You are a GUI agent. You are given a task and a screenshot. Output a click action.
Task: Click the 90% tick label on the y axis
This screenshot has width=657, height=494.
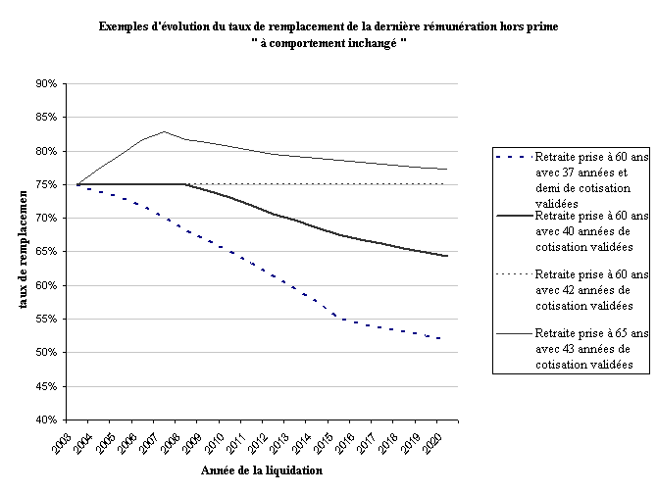[x=47, y=84]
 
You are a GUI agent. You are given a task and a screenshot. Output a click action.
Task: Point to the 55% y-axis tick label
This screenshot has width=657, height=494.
[x=47, y=320]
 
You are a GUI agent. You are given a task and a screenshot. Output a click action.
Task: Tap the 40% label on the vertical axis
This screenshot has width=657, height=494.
[x=47, y=420]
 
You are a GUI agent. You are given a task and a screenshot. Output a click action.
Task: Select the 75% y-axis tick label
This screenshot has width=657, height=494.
[x=47, y=185]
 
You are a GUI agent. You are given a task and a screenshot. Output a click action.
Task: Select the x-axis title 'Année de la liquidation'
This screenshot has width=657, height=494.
[x=262, y=470]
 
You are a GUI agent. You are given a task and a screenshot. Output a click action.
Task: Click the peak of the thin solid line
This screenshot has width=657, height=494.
[x=165, y=131]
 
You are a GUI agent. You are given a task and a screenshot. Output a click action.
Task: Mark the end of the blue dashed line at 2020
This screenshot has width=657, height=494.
[x=447, y=339]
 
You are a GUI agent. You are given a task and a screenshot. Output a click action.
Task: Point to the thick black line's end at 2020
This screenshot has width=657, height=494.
[x=447, y=256]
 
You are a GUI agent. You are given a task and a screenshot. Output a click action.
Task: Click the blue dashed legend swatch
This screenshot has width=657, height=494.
[x=512, y=157]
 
